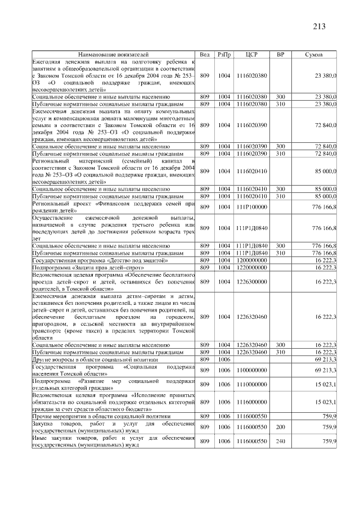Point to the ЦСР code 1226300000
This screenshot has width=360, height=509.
click(x=251, y=282)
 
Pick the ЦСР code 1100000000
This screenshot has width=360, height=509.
click(x=251, y=370)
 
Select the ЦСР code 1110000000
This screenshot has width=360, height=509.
click(x=251, y=384)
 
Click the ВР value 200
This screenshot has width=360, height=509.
click(x=281, y=428)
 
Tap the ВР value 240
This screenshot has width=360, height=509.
click(x=281, y=442)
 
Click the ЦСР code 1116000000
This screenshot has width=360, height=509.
click(x=251, y=402)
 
